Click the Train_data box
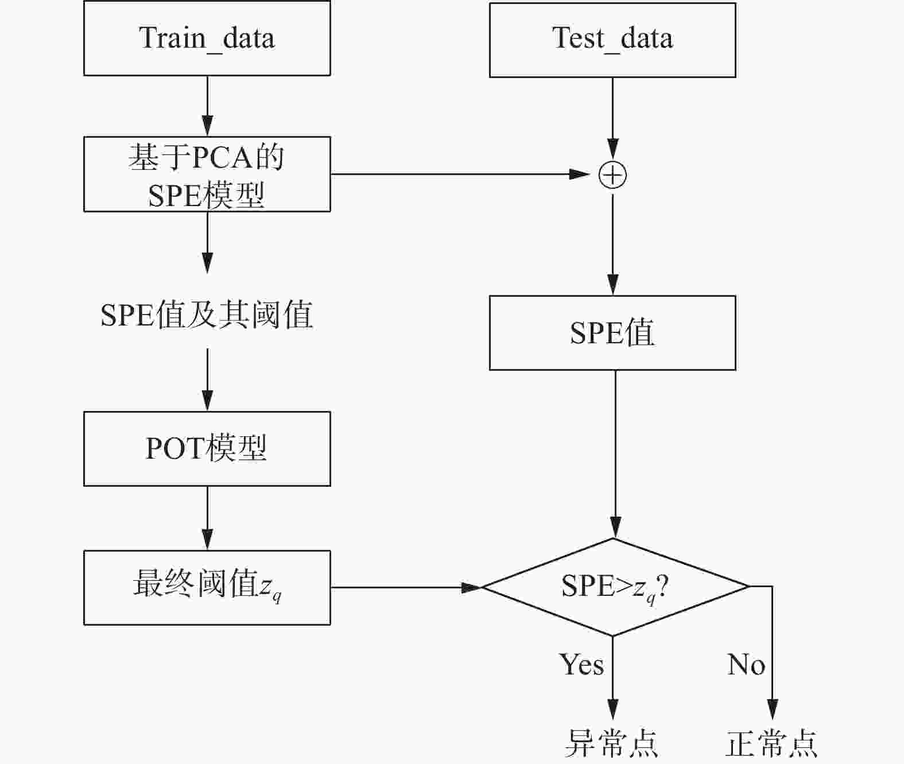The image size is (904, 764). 207,38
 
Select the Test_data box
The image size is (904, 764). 612,40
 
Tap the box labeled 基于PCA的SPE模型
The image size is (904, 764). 207,174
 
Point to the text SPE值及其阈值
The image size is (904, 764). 207,315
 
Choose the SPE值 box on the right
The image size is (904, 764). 612,332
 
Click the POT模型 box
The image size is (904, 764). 207,449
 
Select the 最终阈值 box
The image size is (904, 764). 207,588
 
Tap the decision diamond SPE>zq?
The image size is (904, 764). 615,587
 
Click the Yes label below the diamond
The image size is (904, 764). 581,664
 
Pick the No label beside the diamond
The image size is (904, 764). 746,664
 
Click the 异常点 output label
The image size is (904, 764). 611,743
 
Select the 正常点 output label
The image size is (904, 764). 771,743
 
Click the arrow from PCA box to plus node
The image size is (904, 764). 460,174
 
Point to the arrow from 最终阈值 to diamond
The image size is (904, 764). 406,588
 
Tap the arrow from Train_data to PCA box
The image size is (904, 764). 207,106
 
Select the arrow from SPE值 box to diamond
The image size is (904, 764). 615,454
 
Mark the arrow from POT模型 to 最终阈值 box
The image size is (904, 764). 207,518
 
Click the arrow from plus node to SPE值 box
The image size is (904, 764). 612,245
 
